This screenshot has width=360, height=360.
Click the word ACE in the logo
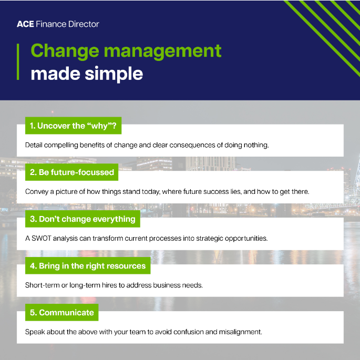pos(25,24)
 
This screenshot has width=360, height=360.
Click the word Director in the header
pos(84,24)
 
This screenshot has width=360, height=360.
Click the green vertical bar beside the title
pos(18,62)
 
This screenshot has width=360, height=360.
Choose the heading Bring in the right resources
pos(88,266)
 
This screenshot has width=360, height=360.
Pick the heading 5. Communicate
pos(61,313)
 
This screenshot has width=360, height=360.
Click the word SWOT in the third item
pos(43,238)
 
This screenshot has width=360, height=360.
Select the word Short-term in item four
pos(43,285)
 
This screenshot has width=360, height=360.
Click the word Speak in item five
pos(35,332)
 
